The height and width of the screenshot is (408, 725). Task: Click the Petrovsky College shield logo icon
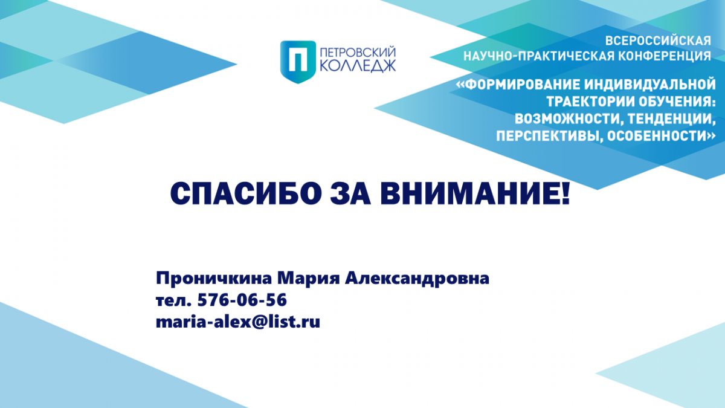click(298, 62)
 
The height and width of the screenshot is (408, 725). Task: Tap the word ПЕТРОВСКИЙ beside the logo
click(358, 53)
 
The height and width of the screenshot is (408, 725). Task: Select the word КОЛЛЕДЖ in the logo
click(358, 66)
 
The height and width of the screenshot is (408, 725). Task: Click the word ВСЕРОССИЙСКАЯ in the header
click(658, 41)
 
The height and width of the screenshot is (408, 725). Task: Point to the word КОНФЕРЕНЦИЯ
click(665, 56)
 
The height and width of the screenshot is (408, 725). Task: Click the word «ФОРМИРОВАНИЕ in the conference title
click(518, 85)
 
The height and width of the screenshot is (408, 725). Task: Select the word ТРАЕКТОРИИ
click(590, 102)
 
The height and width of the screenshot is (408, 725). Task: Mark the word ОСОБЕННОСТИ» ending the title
click(661, 136)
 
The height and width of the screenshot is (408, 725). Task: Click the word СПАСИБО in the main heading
click(246, 193)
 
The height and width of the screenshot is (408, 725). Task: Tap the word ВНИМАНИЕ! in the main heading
click(475, 193)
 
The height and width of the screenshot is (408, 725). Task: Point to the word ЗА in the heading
click(350, 193)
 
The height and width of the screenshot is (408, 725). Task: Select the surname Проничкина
click(214, 279)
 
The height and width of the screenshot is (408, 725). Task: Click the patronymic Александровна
click(417, 279)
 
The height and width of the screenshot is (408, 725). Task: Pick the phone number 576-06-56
click(242, 300)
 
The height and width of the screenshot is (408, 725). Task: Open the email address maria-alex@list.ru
click(238, 322)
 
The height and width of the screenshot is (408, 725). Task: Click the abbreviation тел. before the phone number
click(174, 300)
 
